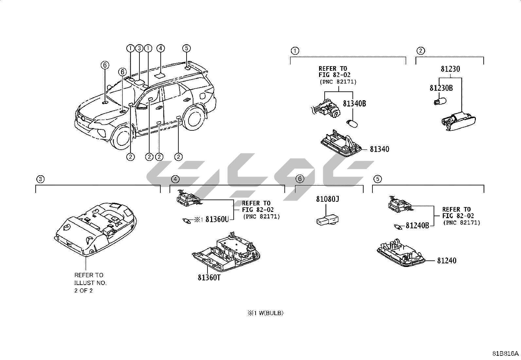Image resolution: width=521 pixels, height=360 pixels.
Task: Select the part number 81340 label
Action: point(379,149)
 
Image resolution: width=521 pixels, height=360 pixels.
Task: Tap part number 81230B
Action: point(441,88)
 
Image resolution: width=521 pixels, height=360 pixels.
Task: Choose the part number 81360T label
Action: point(209,278)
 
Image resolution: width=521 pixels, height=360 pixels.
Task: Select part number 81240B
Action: point(417,226)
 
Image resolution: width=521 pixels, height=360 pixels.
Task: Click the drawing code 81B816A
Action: point(506,354)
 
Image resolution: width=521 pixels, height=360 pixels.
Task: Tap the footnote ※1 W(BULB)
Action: point(265,313)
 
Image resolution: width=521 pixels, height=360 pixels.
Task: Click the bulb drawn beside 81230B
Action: point(439,100)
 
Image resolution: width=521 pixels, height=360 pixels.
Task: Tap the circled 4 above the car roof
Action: point(160,48)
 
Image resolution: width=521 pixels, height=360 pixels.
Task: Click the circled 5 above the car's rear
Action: point(186,48)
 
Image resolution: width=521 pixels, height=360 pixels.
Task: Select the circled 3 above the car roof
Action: point(139,48)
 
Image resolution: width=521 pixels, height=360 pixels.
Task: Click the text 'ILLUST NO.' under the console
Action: point(90,283)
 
